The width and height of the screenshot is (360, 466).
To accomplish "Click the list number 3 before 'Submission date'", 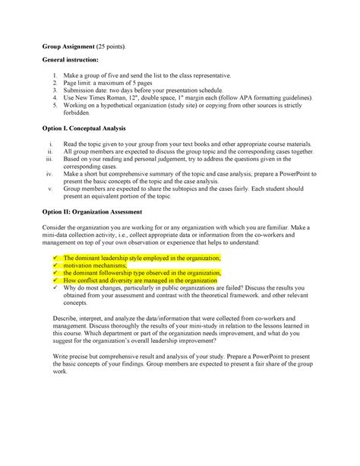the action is [55, 90].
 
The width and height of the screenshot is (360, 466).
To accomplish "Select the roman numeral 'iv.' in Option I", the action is [51, 175].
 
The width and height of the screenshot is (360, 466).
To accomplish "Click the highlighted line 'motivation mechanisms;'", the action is [96, 265].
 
